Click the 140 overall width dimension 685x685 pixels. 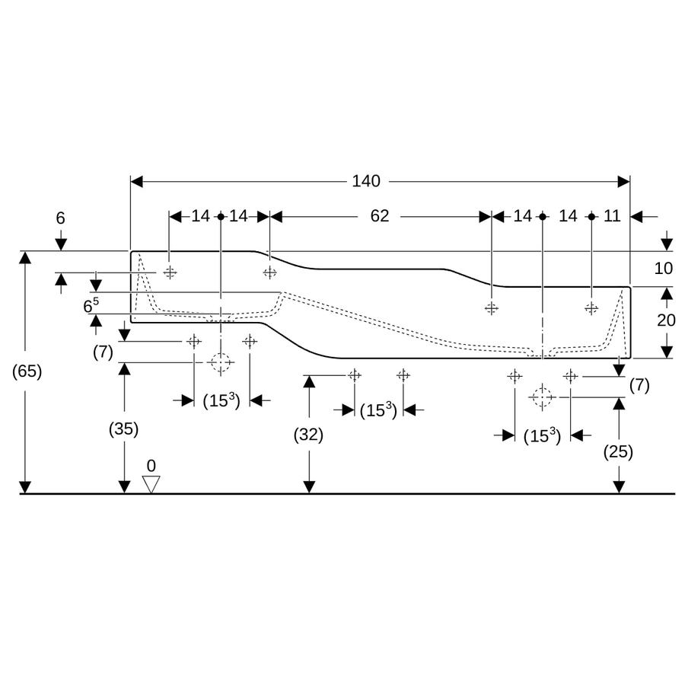click(366, 181)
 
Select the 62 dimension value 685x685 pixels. click(379, 216)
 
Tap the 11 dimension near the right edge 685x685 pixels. click(612, 216)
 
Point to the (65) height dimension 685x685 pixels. click(27, 371)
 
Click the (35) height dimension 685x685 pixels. click(123, 429)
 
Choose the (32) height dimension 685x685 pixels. click(308, 435)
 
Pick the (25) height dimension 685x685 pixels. click(618, 451)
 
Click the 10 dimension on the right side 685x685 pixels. click(663, 268)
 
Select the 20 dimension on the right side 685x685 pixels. click(666, 320)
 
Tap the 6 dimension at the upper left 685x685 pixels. click(60, 218)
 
